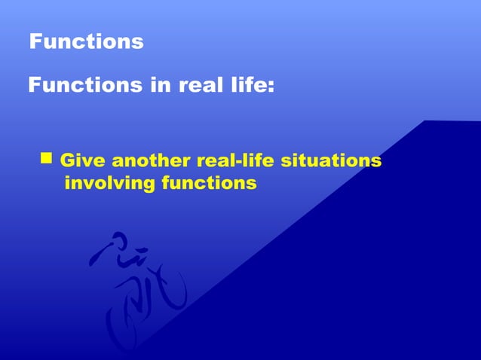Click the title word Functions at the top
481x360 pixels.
pyautogui.click(x=86, y=41)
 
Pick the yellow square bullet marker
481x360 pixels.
pyautogui.click(x=47, y=158)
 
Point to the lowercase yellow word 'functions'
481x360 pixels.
pyautogui.click(x=209, y=183)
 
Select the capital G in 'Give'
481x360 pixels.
pyautogui.click(x=66, y=161)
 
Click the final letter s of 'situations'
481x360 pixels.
pyautogui.click(x=375, y=162)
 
